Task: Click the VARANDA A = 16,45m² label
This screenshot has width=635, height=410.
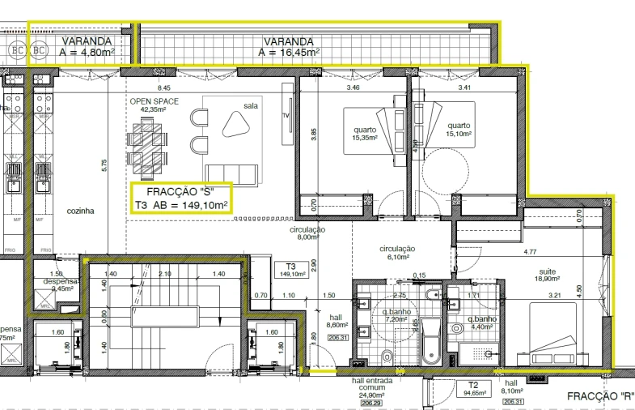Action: [289, 47]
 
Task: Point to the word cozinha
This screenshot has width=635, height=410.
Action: [81, 211]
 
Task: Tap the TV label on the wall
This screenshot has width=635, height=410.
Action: [285, 116]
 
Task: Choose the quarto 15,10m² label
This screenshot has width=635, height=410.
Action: [459, 130]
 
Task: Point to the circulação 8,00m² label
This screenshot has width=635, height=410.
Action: [307, 234]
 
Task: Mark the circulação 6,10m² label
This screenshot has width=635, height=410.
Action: [397, 253]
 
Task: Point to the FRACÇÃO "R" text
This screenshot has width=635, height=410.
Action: [599, 396]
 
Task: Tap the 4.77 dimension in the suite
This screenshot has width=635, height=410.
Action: [531, 252]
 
